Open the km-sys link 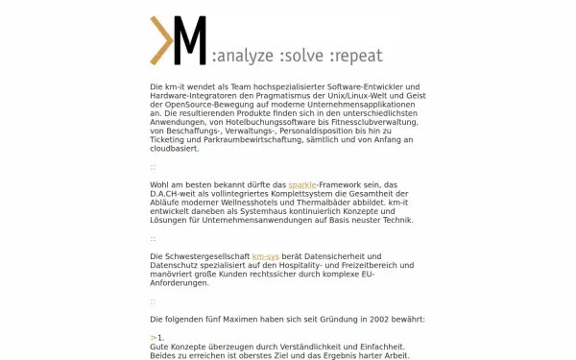tap(266, 257)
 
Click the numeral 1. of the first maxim tap(161, 338)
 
